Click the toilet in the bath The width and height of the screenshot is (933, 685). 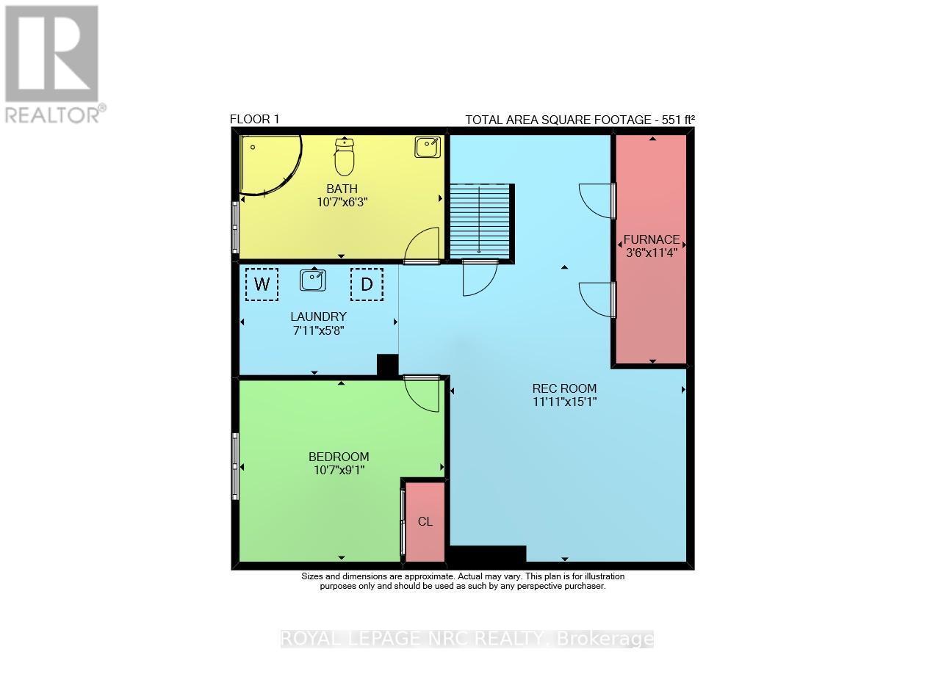point(344,156)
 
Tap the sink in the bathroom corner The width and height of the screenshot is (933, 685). point(428,147)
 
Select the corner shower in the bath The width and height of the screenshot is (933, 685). point(267,165)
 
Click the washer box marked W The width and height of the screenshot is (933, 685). point(262,284)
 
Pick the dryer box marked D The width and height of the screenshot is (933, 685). point(367,284)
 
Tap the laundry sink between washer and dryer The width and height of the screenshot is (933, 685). point(314,280)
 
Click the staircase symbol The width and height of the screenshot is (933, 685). point(480,220)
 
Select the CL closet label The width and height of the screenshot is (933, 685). point(425,522)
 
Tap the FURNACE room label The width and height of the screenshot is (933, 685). point(651,240)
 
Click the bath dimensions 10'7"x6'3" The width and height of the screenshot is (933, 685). point(342,202)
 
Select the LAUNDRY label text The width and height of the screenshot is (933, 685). point(318,316)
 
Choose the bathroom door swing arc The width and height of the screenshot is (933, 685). point(423,244)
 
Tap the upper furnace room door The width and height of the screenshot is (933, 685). point(597,200)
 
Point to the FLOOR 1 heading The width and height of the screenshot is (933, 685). point(254,119)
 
